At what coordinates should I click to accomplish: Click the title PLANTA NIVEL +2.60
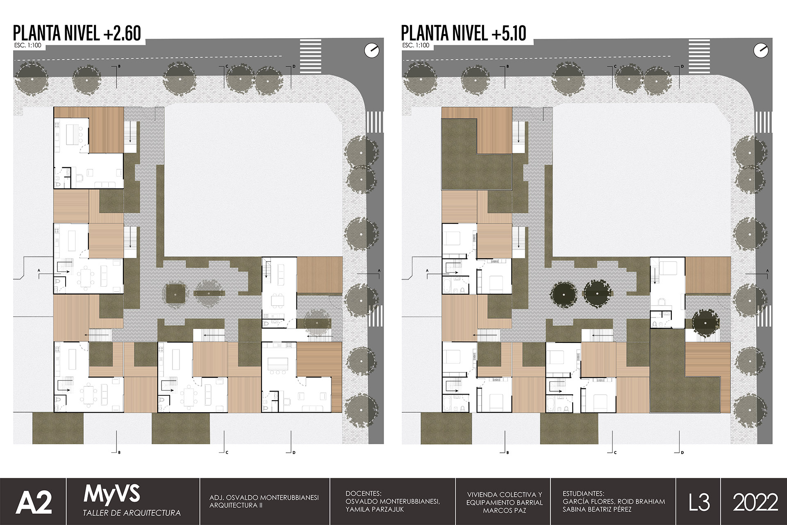pyautogui.click(x=77, y=33)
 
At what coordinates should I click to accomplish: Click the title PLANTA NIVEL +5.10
pyautogui.click(x=464, y=33)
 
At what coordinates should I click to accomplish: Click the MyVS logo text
pyautogui.click(x=112, y=494)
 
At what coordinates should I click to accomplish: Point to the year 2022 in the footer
pyautogui.click(x=755, y=502)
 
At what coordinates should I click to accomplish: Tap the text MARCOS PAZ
pyautogui.click(x=505, y=510)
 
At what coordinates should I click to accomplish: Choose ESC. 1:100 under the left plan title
pyautogui.click(x=27, y=46)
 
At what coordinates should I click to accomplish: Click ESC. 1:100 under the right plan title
pyautogui.click(x=416, y=46)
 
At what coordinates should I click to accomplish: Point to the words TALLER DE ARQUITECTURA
pyautogui.click(x=132, y=513)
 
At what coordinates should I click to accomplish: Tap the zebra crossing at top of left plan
pyautogui.click(x=311, y=55)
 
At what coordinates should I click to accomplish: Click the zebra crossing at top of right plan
pyautogui.click(x=699, y=55)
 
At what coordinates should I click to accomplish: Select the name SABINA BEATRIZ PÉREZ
pyautogui.click(x=597, y=509)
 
